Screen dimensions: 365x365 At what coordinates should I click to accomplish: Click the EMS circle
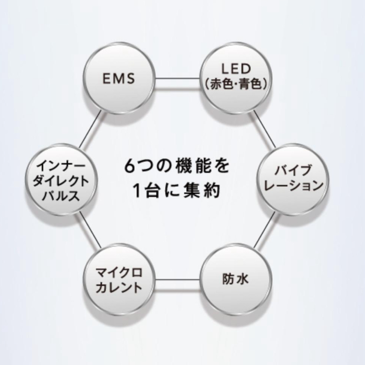(119, 78)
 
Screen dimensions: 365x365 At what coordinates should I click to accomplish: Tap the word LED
(236, 69)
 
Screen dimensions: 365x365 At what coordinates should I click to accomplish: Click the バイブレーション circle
(293, 179)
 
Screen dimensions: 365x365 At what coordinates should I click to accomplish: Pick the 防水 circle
(236, 279)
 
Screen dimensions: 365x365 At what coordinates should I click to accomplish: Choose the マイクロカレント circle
(119, 279)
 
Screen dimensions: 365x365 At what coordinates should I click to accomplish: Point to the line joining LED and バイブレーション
(265, 129)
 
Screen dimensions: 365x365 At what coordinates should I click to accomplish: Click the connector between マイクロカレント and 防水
(177, 279)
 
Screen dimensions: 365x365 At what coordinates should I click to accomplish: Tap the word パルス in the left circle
(61, 195)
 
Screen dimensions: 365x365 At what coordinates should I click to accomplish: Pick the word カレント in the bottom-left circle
(119, 288)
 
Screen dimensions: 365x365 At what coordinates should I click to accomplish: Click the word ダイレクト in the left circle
(61, 181)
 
